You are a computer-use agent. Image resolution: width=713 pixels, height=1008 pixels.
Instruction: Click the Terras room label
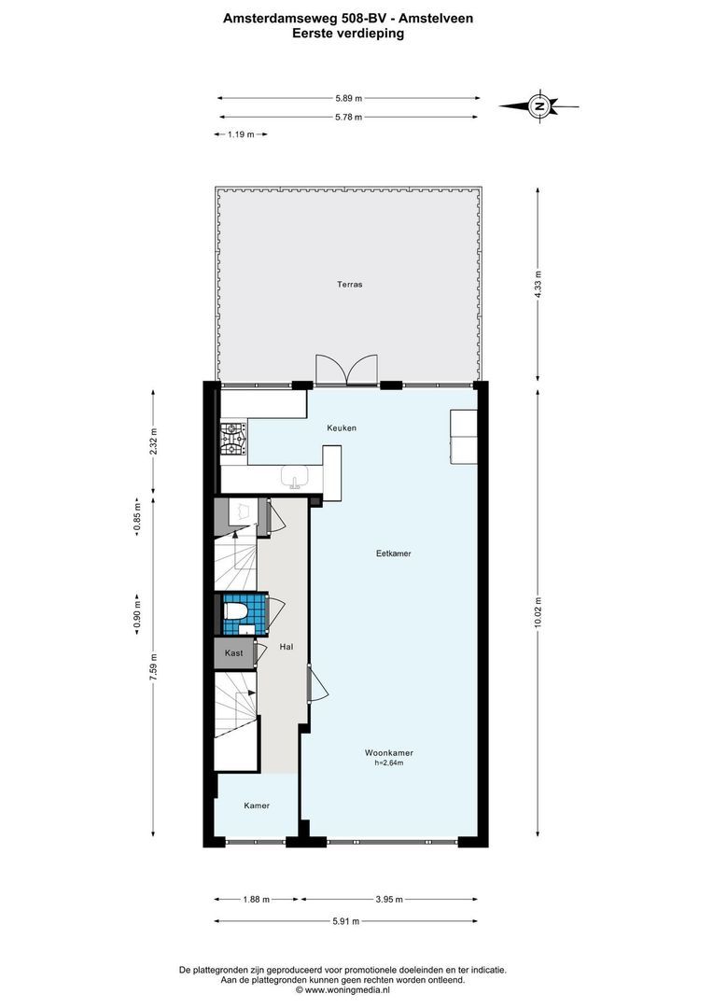click(350, 284)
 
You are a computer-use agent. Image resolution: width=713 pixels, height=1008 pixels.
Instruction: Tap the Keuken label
click(342, 428)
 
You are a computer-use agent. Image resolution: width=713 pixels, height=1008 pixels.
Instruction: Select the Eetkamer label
click(394, 553)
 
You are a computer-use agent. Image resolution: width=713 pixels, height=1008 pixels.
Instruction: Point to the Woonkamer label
click(389, 753)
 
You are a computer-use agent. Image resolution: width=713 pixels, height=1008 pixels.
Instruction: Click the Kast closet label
click(234, 653)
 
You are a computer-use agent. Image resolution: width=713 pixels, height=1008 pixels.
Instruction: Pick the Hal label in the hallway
click(287, 647)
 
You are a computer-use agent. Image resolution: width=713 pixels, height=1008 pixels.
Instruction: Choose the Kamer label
click(257, 805)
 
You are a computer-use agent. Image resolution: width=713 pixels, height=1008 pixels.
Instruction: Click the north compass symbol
click(538, 106)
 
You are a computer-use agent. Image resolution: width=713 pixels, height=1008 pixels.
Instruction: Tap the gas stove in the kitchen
click(234, 439)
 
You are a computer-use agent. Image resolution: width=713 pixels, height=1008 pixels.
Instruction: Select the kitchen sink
click(296, 477)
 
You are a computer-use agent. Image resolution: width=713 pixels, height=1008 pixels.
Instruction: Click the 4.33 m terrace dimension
click(538, 283)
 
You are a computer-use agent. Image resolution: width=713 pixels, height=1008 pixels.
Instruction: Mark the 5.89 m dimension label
click(348, 98)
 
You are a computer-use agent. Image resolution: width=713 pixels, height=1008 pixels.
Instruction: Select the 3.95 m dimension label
click(389, 900)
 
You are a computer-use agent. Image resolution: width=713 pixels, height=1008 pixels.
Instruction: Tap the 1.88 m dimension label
click(256, 900)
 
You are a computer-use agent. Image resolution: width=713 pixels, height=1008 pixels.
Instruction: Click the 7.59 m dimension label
click(153, 670)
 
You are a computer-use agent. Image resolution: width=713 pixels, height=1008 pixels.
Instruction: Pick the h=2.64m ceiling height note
click(389, 763)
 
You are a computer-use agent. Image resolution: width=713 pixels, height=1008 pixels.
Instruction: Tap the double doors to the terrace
click(346, 371)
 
